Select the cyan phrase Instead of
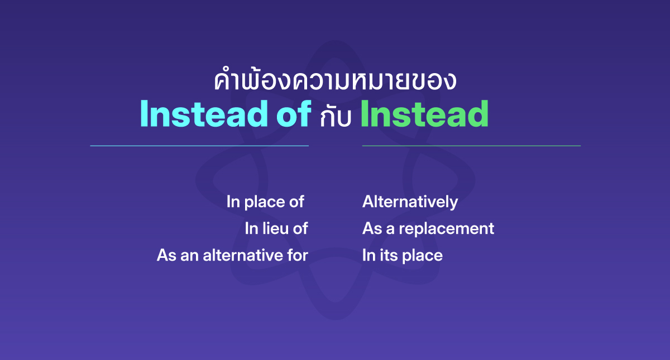[226, 114]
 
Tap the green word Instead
[424, 114]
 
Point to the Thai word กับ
[335, 117]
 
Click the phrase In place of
[265, 202]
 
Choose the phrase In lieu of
[276, 229]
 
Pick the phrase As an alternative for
[232, 256]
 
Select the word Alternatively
[410, 202]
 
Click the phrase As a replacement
[428, 229]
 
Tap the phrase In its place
[402, 256]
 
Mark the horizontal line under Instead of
[199, 146]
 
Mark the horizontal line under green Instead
[471, 146]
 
